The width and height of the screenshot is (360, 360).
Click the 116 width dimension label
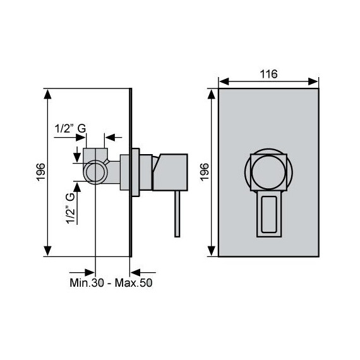coord(268,74)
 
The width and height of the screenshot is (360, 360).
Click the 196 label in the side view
coord(41,172)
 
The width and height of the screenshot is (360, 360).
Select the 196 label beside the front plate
coord(205,172)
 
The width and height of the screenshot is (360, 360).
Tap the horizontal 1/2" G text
coord(70,128)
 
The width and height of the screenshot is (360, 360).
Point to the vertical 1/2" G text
coord(71,208)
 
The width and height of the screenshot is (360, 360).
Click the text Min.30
coord(87,282)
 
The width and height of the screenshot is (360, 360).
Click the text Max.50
coord(133,282)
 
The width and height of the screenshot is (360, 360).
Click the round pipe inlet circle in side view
coord(95,172)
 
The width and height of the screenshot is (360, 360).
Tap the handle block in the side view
coord(171,172)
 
